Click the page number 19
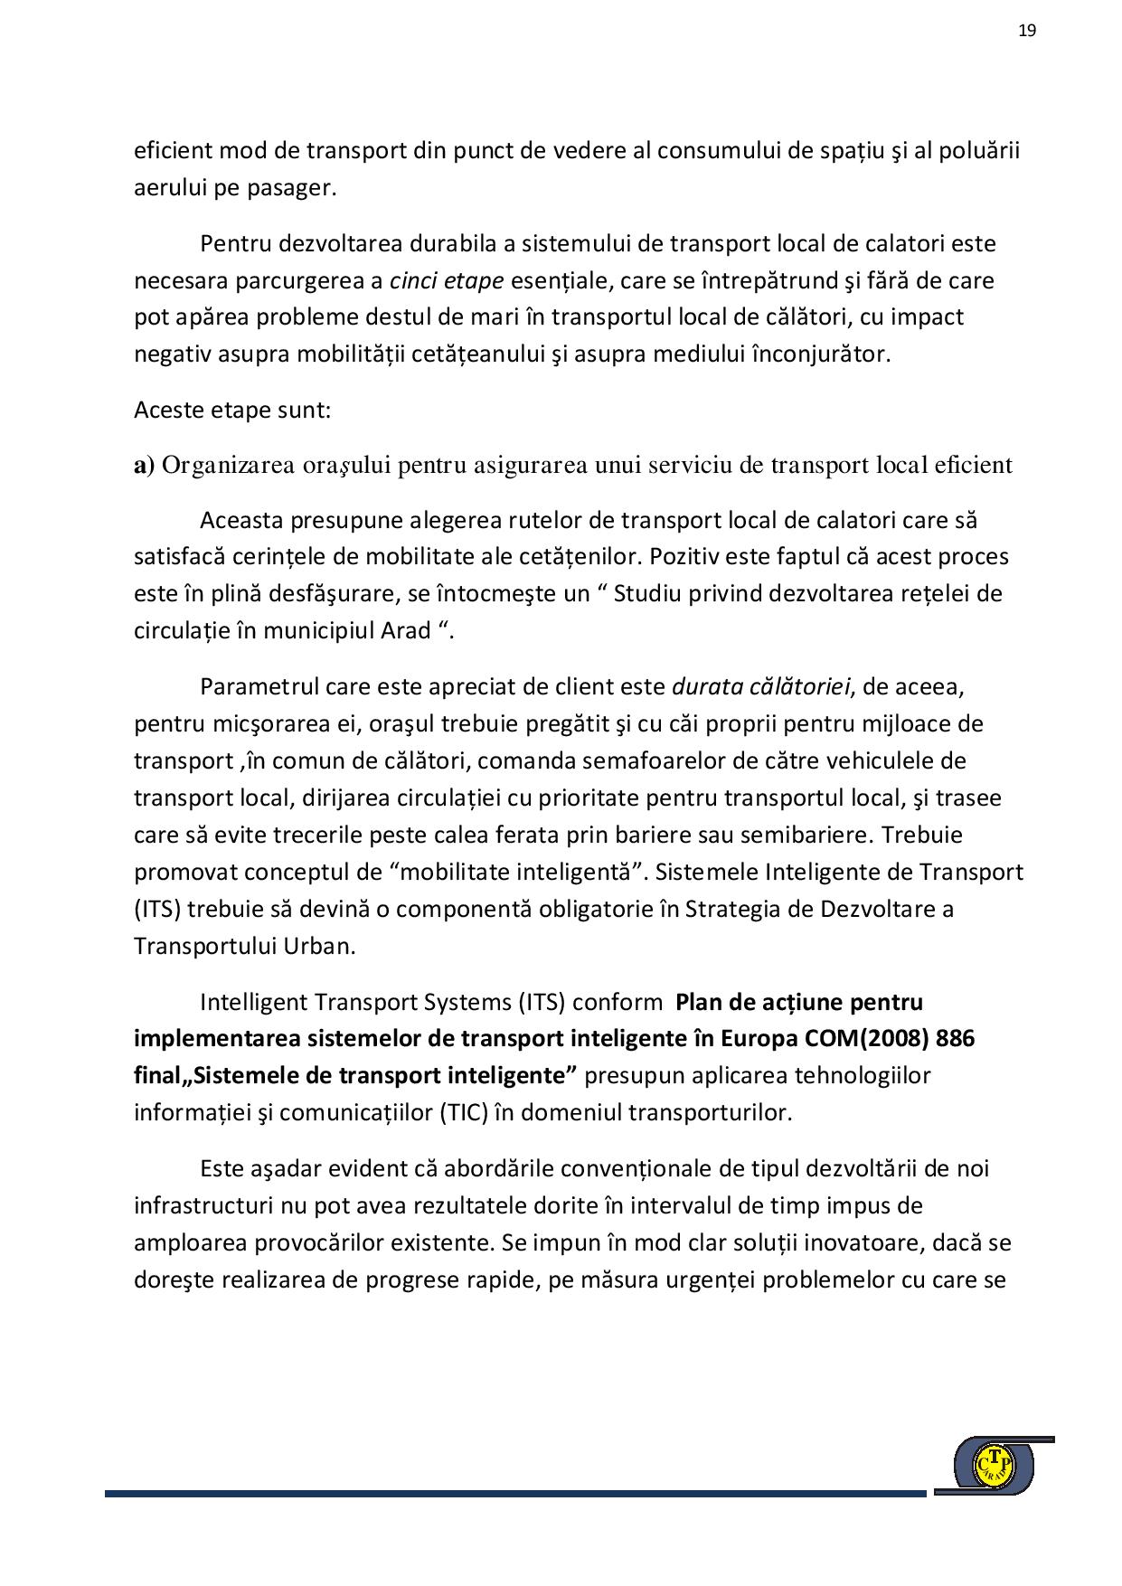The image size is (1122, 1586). [x=1027, y=31]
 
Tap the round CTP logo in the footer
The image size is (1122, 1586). [x=995, y=1465]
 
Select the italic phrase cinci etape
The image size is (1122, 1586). [x=446, y=281]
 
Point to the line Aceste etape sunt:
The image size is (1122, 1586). [x=232, y=411]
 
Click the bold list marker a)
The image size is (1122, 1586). [x=144, y=466]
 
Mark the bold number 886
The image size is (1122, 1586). [x=956, y=1040]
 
